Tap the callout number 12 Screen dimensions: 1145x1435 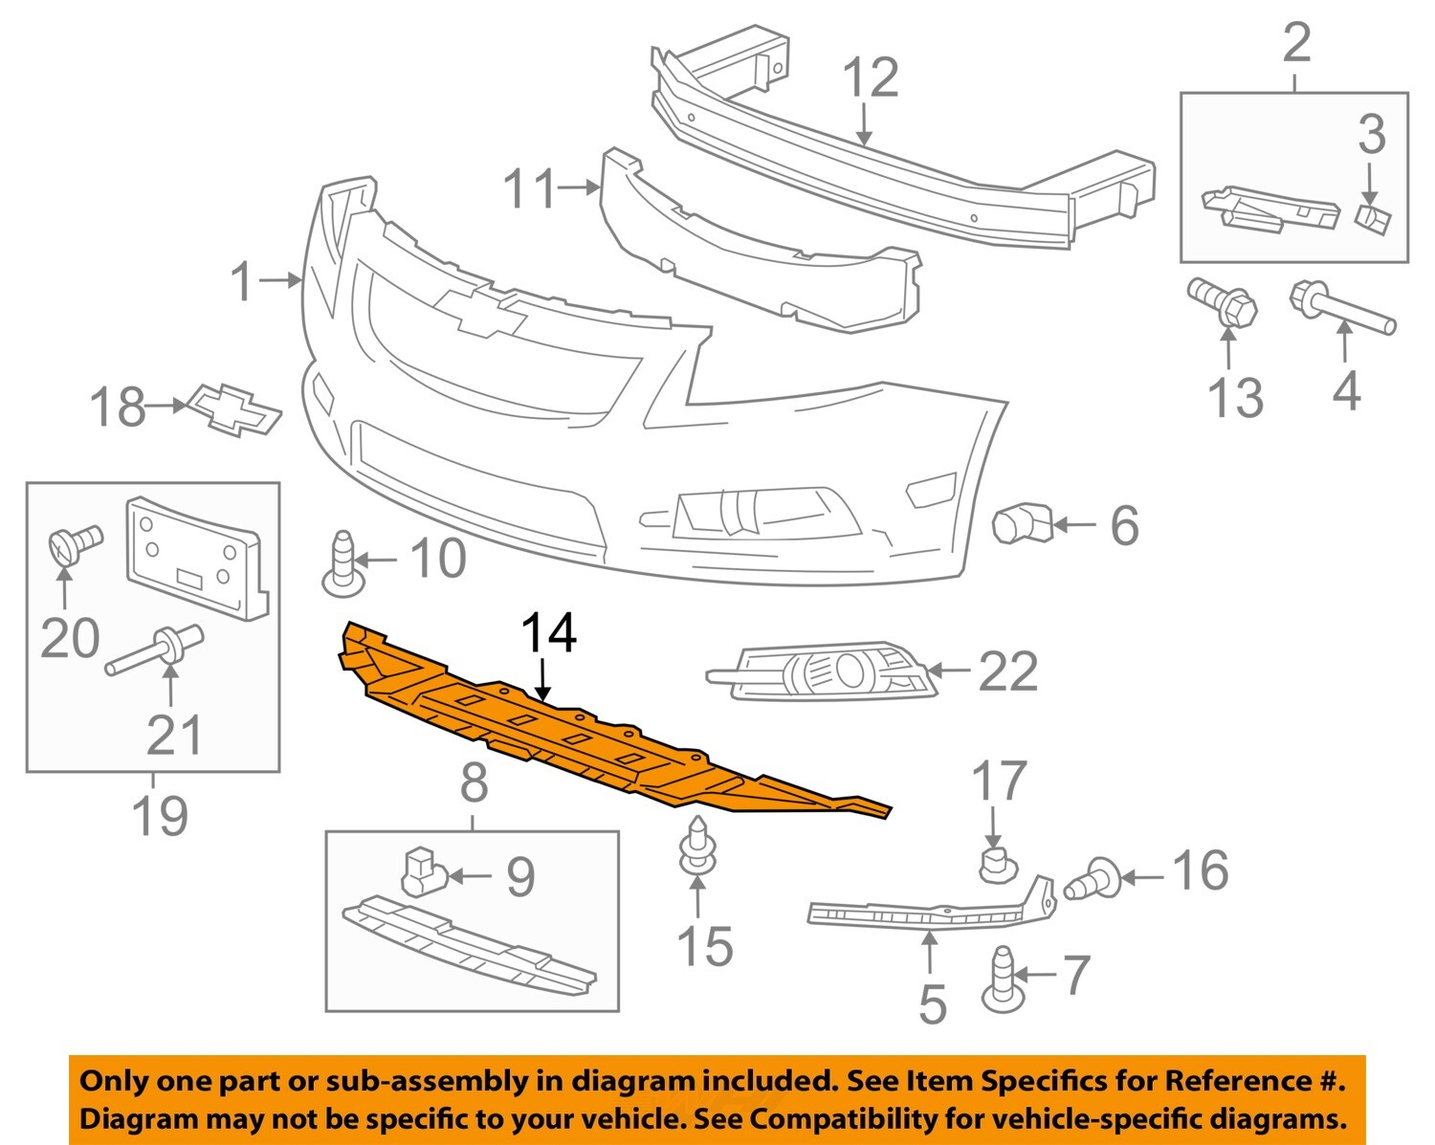point(871,78)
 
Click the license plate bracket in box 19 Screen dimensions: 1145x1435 point(196,557)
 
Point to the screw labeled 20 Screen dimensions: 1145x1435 point(73,542)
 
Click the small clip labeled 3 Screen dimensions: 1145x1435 point(1372,218)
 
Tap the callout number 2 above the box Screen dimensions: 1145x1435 point(1296,43)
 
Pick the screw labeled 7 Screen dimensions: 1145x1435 point(1002,980)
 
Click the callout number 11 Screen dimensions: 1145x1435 point(529,188)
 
